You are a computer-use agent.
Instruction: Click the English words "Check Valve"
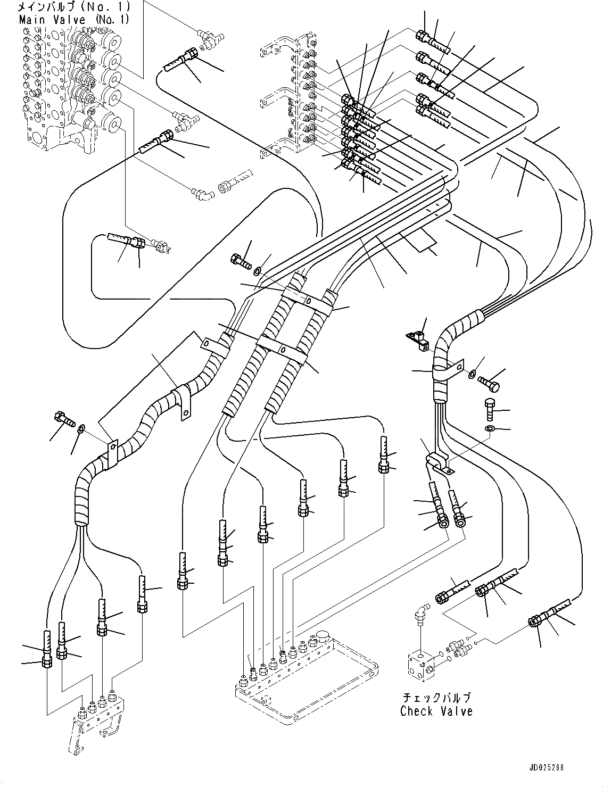click(436, 711)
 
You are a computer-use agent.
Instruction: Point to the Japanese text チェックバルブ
click(436, 698)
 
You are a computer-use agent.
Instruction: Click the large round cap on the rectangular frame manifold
click(323, 637)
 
